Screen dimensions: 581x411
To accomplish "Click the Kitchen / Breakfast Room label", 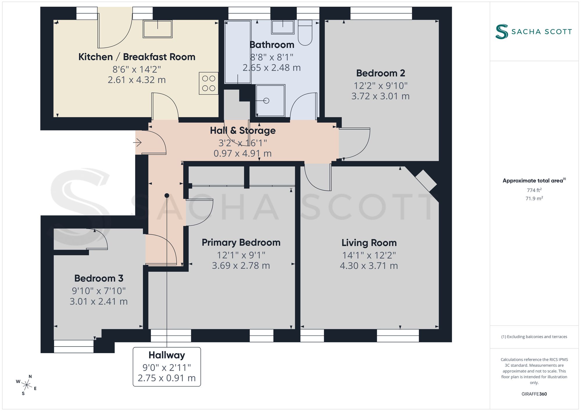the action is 137,57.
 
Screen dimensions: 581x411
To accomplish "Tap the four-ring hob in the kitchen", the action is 209,83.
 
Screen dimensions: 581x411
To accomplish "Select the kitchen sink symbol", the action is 157,29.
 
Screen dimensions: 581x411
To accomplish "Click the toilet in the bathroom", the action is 305,33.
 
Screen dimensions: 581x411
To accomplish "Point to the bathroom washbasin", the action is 283,27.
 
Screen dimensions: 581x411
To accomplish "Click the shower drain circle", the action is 266,101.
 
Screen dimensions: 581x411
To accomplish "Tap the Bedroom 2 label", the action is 381,73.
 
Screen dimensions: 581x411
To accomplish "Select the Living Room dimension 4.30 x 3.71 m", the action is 369,266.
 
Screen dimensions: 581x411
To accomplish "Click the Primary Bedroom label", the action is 241,243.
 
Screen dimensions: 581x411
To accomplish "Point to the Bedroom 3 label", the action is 99,278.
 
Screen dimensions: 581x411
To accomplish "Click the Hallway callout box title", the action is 167,355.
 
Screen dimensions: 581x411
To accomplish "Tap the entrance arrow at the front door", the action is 137,143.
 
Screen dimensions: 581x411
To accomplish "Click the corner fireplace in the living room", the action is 426,181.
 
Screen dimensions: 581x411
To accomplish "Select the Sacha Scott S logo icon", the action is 502,32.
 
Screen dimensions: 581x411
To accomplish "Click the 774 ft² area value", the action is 534,190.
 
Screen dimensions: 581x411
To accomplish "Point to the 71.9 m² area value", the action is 534,198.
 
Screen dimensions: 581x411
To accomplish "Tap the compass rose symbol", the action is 27,385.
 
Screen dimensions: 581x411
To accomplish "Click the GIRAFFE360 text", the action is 534,394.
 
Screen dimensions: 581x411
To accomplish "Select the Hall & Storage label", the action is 243,131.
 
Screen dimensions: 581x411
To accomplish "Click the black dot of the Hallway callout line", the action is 167,195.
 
